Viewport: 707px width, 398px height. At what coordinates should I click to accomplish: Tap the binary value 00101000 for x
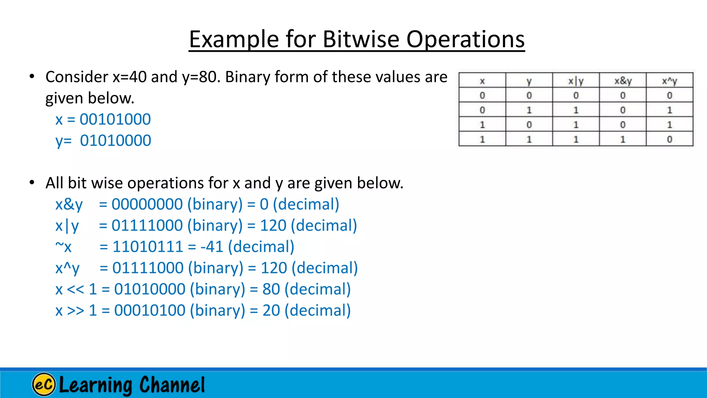pyautogui.click(x=115, y=120)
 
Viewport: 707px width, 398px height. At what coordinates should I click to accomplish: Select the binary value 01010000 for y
pyautogui.click(x=115, y=141)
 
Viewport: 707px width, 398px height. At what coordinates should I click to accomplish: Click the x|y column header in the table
pyautogui.click(x=576, y=81)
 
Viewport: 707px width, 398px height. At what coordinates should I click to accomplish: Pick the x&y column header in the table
pyautogui.click(x=623, y=81)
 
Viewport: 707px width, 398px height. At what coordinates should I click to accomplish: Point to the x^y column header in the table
pyautogui.click(x=669, y=81)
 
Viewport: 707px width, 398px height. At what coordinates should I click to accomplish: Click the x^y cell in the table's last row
pyautogui.click(x=669, y=139)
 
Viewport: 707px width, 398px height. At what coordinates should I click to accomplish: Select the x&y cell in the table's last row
pyautogui.click(x=623, y=139)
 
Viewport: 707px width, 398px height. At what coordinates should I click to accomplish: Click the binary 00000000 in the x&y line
pyautogui.click(x=147, y=205)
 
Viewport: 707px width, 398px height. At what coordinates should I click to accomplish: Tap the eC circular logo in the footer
pyautogui.click(x=44, y=384)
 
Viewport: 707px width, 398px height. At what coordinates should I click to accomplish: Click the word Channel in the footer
pyautogui.click(x=172, y=385)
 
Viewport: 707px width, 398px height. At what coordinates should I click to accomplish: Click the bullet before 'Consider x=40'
pyautogui.click(x=32, y=76)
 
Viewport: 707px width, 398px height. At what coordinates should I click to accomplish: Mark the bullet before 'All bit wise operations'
pyautogui.click(x=32, y=182)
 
